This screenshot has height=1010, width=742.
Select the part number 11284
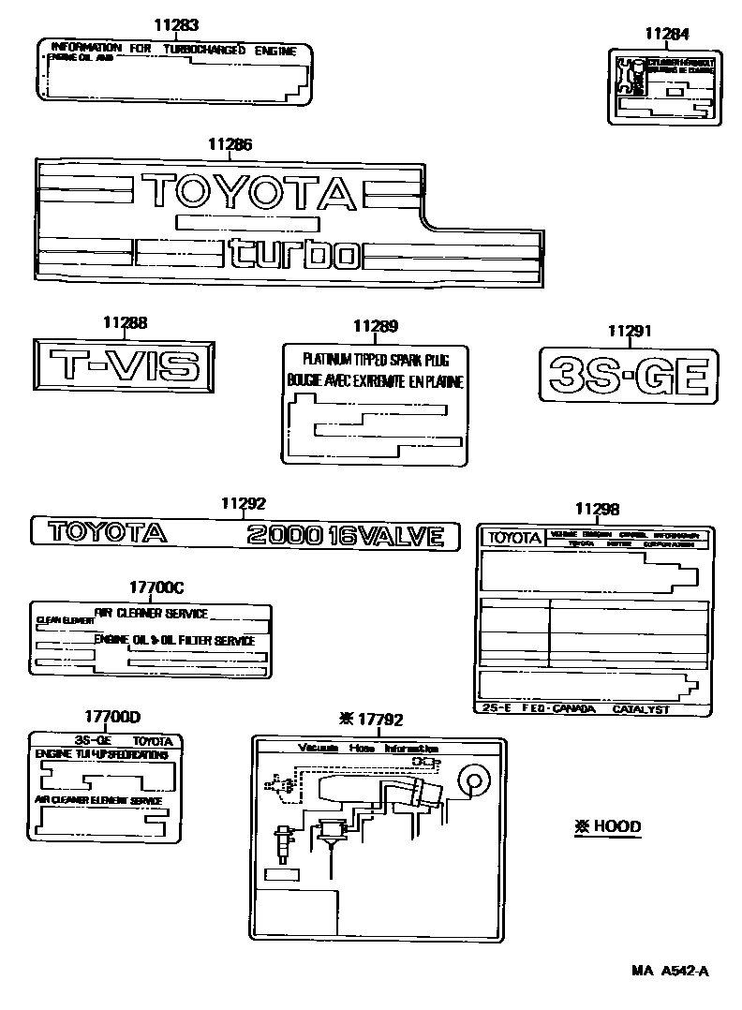(666, 35)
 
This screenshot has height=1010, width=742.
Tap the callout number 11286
(230, 144)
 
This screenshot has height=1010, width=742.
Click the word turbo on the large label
(293, 254)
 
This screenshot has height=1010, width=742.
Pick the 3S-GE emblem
(629, 376)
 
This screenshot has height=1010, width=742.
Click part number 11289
(375, 326)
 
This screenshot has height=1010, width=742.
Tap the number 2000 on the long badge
(283, 536)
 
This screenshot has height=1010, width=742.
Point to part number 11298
(597, 509)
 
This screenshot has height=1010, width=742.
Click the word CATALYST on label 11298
(641, 709)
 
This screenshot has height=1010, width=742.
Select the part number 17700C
(156, 587)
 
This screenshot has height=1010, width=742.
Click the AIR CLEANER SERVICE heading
(151, 614)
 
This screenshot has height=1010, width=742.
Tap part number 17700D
(111, 717)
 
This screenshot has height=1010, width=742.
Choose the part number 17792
(378, 720)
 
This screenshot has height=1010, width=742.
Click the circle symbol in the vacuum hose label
(472, 780)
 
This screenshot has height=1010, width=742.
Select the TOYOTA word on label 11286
(250, 191)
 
